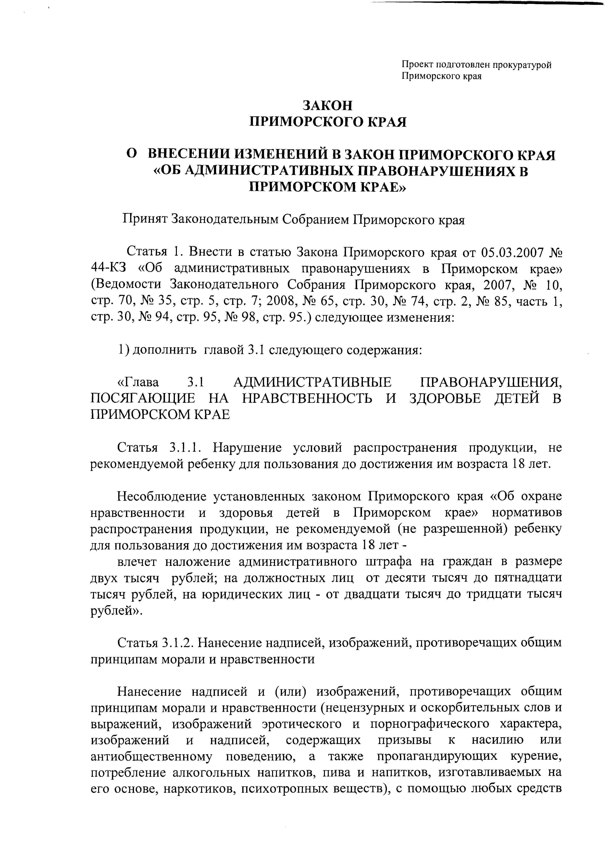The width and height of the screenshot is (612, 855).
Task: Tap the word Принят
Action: [x=145, y=219]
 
